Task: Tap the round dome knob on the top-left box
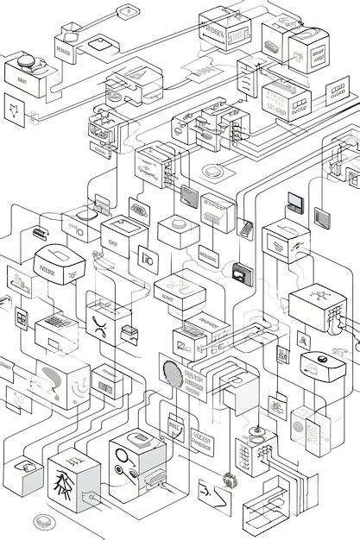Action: click(x=23, y=62)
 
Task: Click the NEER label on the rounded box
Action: click(x=47, y=267)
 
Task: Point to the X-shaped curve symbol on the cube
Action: click(x=100, y=325)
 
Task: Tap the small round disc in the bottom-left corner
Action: click(x=41, y=521)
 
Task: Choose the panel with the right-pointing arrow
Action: click(x=211, y=495)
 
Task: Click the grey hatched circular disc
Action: click(x=171, y=372)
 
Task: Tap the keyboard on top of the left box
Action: click(x=54, y=321)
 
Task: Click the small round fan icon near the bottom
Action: click(x=228, y=480)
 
